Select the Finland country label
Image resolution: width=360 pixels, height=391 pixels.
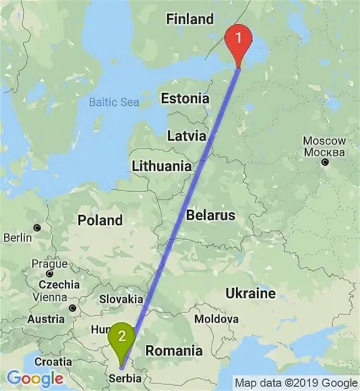[190, 19]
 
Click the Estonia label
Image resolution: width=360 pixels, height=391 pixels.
[185, 99]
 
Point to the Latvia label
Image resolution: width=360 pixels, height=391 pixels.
[186, 136]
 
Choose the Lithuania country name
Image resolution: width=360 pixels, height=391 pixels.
[162, 167]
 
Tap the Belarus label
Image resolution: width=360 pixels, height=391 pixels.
[211, 215]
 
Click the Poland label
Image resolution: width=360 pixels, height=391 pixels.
[100, 220]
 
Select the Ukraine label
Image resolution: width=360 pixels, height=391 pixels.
[250, 294]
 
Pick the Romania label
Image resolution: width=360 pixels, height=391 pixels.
[174, 351]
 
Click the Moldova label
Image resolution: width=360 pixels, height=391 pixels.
[217, 319]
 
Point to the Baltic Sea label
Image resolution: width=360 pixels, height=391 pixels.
[114, 102]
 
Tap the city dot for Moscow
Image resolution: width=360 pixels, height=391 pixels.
[325, 162]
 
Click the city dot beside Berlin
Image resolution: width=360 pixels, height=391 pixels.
[37, 228]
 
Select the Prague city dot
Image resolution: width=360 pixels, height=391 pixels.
[49, 274]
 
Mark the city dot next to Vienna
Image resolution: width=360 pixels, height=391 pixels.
[73, 308]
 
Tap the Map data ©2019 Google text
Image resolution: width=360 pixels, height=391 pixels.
[295, 383]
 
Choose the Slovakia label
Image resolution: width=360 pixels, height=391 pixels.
[121, 299]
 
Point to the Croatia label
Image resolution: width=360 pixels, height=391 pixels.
[53, 361]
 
